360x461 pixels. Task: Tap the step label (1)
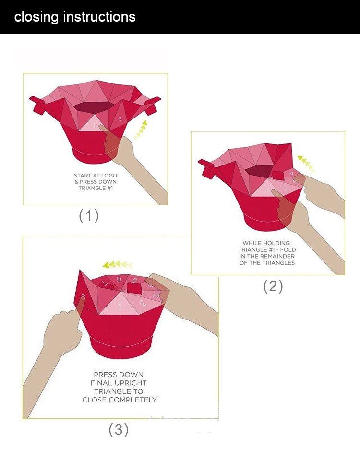point(88,215)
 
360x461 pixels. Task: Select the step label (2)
point(273,286)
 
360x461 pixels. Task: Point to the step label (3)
point(119,429)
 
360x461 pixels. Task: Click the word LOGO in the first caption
point(109,176)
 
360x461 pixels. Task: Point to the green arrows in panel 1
point(140,130)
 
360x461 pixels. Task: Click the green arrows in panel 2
point(306,164)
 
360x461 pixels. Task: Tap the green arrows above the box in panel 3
point(117,264)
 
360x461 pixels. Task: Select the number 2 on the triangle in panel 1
point(120,119)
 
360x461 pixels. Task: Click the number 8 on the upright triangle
point(83,296)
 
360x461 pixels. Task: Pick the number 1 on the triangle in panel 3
point(120,307)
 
